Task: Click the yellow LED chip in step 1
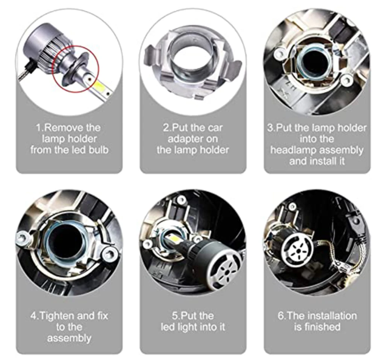tap(99, 86)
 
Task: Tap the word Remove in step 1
tap(61, 127)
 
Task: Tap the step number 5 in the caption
tap(175, 316)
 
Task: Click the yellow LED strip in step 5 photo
tap(173, 237)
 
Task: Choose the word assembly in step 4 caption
tap(69, 338)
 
